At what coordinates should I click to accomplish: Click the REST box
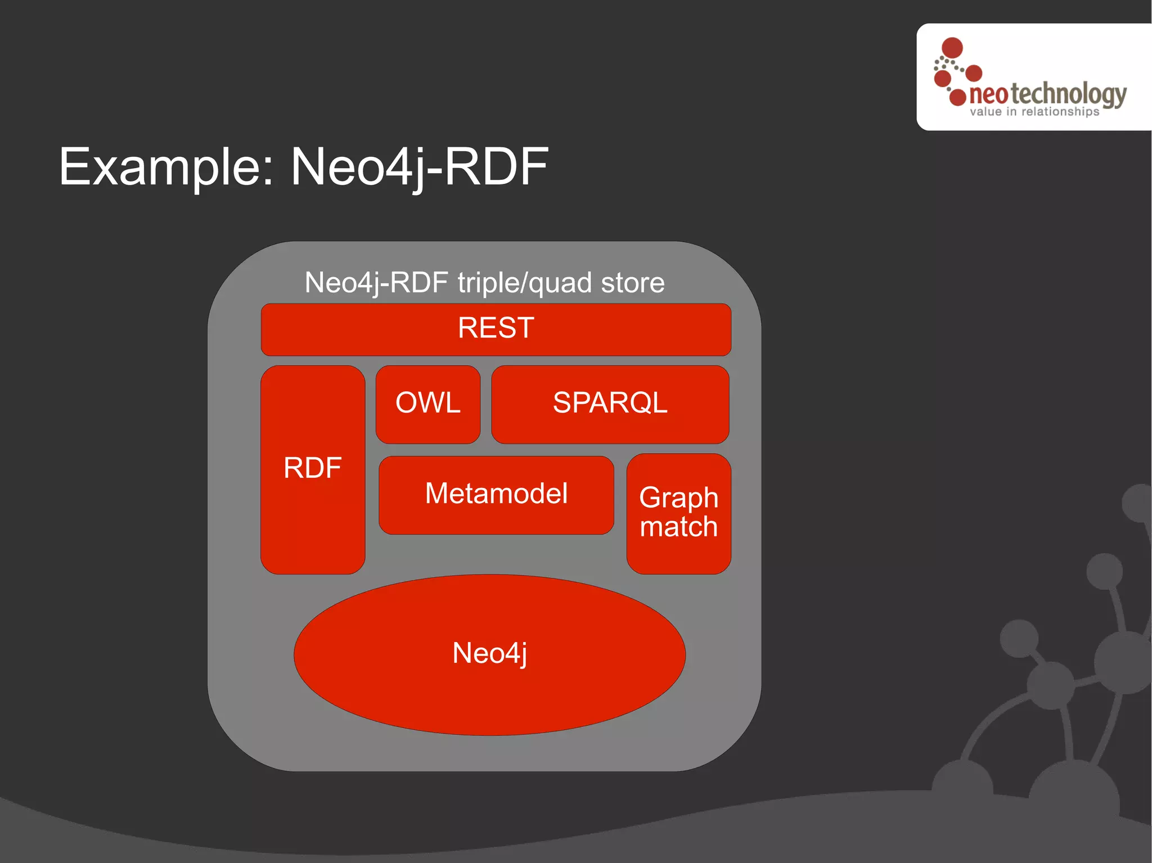(496, 329)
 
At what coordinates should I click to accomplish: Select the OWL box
(427, 404)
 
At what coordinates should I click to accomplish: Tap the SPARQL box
(610, 404)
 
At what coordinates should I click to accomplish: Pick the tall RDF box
(313, 469)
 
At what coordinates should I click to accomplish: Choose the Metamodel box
(496, 494)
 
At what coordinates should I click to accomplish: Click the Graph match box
(678, 513)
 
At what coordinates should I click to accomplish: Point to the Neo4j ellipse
(489, 654)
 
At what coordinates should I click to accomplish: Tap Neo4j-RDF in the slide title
(419, 167)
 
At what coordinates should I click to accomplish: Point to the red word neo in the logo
(988, 95)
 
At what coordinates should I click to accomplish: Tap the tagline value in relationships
(1034, 112)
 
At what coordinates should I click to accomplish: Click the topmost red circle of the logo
(952, 48)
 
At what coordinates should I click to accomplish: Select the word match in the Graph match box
(678, 527)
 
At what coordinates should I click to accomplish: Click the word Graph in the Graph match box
(678, 498)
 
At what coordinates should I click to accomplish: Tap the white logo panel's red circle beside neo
(957, 97)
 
